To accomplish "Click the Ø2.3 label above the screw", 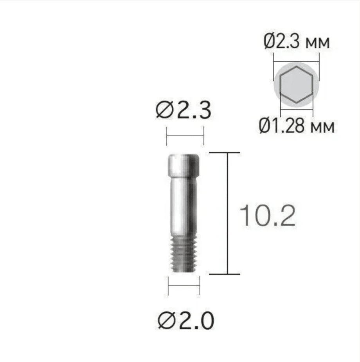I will (x=183, y=111).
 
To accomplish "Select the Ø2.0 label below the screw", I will (x=186, y=321).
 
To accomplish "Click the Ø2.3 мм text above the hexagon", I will (x=297, y=41).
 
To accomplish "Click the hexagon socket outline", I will (x=297, y=85).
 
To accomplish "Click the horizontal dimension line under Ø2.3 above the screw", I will (x=185, y=136).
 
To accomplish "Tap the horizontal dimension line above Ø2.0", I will (x=184, y=285).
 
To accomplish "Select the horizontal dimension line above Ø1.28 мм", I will (x=297, y=108).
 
